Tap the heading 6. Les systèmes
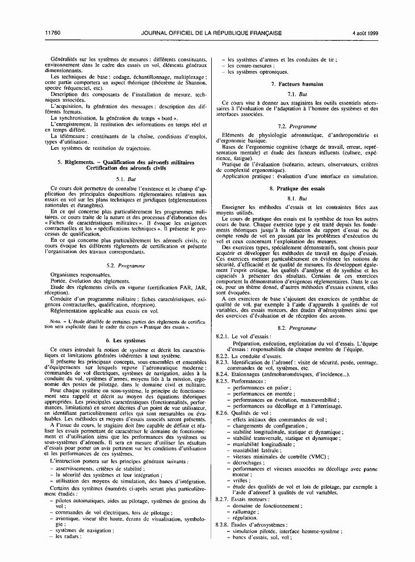(126, 340)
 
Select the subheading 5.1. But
(126, 179)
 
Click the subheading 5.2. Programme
(126, 265)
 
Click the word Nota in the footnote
(56, 321)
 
